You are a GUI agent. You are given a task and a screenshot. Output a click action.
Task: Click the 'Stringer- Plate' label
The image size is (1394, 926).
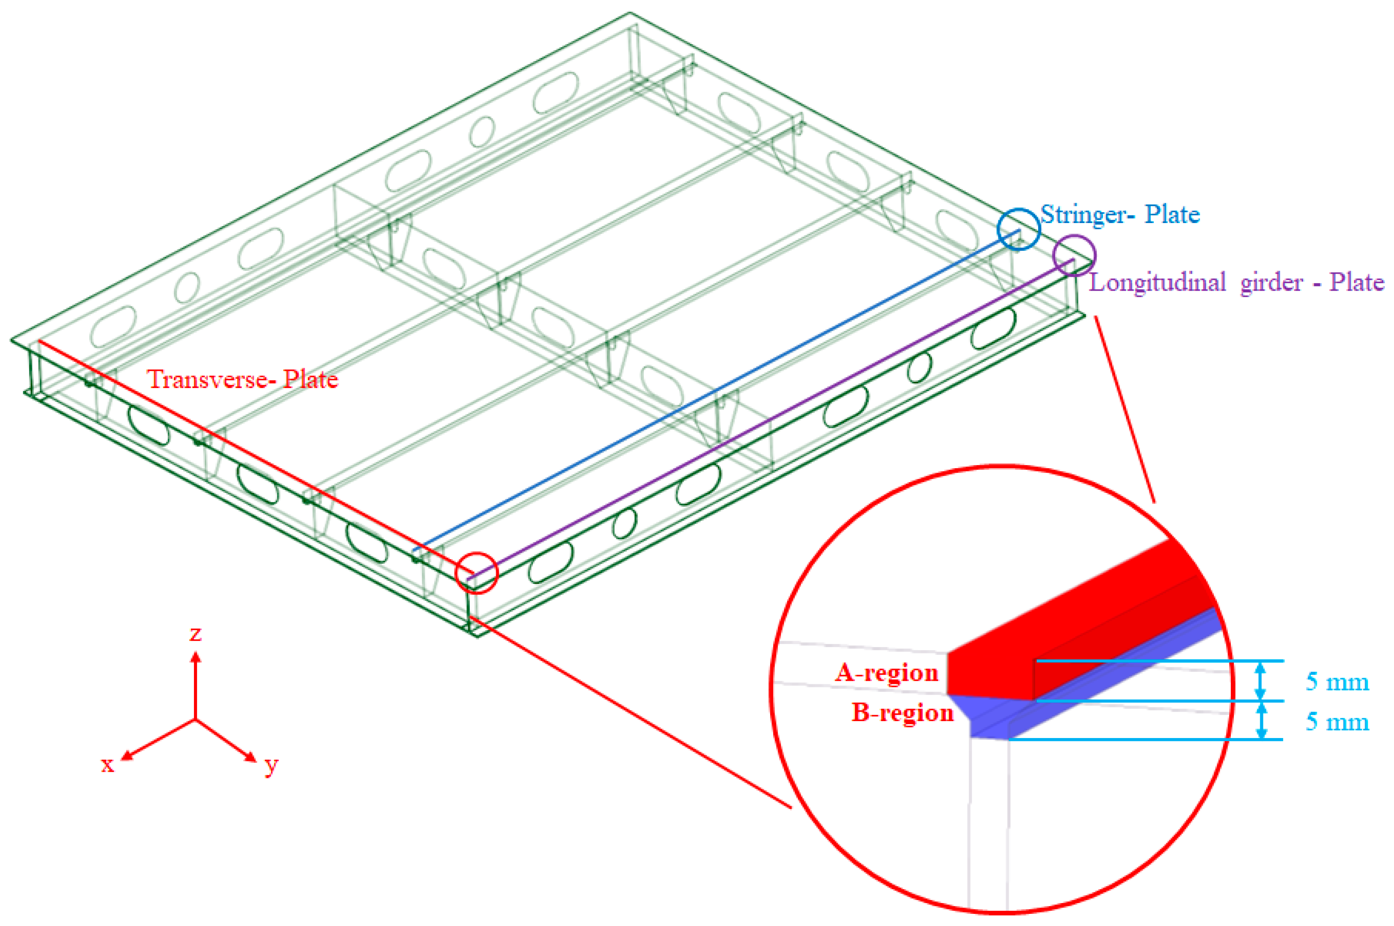tap(1120, 214)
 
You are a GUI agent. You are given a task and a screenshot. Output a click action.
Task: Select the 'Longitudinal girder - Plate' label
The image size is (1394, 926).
tap(1236, 283)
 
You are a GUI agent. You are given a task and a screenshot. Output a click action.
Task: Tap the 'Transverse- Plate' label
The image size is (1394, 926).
tap(242, 379)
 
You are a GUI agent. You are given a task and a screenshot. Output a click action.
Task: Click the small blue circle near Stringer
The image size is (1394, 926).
tap(1019, 229)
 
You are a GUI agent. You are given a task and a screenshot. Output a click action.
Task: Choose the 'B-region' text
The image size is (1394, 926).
tap(902, 713)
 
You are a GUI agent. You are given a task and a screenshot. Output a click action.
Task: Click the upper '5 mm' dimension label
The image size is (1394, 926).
tap(1337, 682)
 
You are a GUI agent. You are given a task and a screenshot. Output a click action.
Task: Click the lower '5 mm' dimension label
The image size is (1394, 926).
tap(1337, 722)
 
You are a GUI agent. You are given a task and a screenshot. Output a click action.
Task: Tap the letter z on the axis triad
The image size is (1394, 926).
tap(195, 634)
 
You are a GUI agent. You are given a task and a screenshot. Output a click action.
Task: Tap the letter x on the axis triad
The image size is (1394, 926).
tap(107, 765)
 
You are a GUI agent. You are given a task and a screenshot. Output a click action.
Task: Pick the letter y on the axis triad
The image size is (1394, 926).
tap(271, 765)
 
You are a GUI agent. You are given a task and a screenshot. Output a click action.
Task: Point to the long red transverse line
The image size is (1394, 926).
tap(254, 458)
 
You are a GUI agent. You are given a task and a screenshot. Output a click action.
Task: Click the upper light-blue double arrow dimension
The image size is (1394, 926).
tap(1261, 681)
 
